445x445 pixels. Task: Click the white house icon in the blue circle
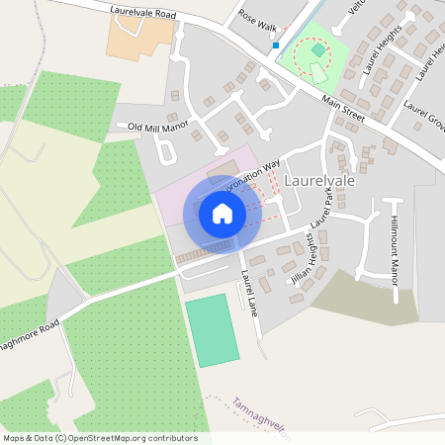(x=222, y=213)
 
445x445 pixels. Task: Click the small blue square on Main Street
(x=276, y=45)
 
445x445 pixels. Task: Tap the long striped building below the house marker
(x=205, y=251)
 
